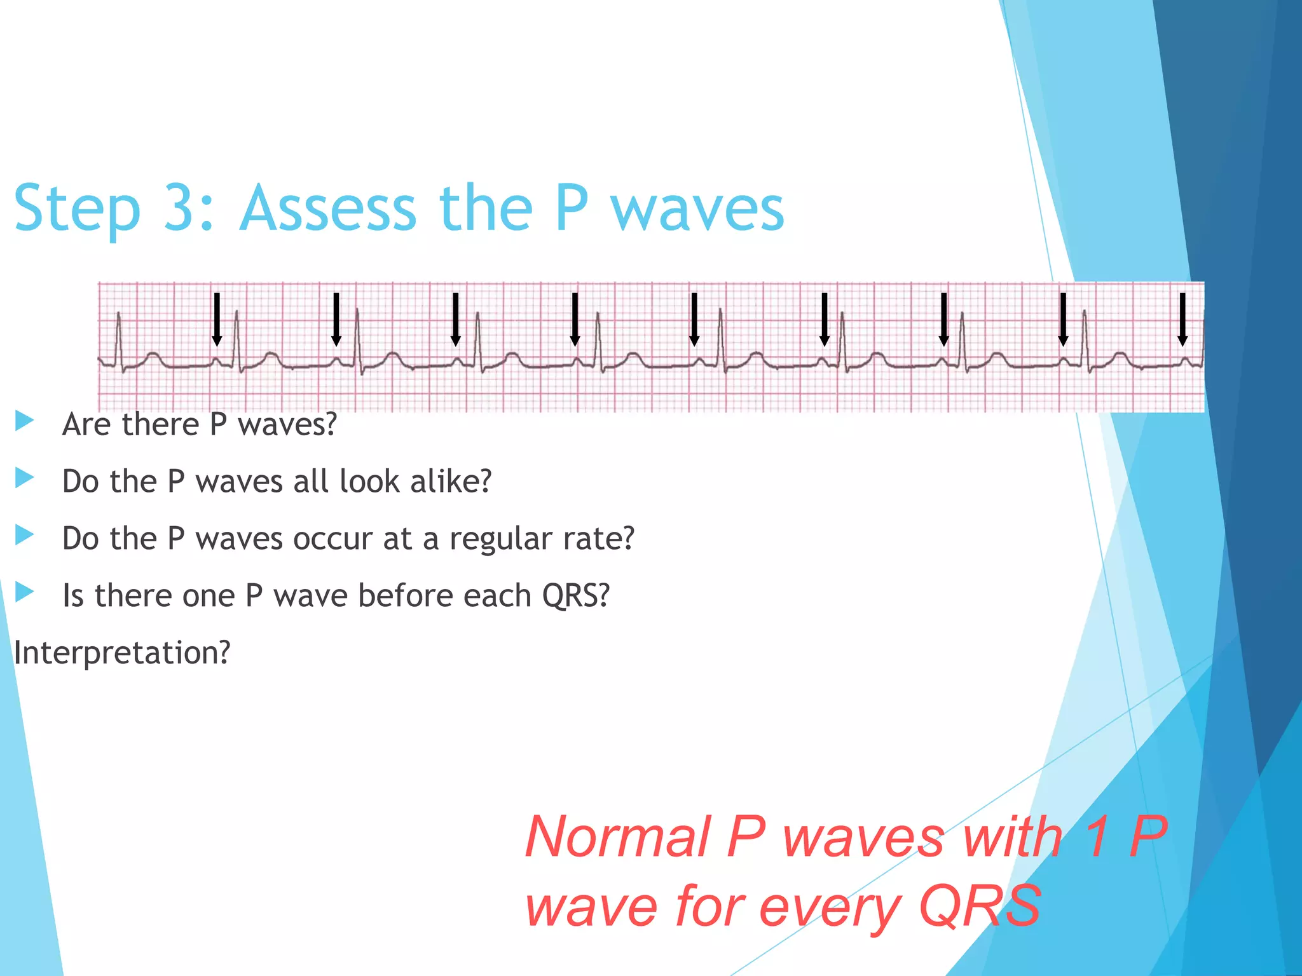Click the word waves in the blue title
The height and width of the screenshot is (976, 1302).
tap(697, 210)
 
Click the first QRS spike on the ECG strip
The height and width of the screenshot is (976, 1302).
tap(118, 337)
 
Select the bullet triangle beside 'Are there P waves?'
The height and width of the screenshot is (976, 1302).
tap(24, 421)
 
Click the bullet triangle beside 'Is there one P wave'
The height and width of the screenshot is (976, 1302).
tap(24, 592)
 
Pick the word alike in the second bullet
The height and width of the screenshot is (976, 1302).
tap(451, 482)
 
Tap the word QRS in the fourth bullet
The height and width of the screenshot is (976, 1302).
tap(575, 596)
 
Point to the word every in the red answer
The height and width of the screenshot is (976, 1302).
tap(830, 907)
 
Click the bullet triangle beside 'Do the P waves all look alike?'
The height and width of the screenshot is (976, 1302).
tap(24, 478)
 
